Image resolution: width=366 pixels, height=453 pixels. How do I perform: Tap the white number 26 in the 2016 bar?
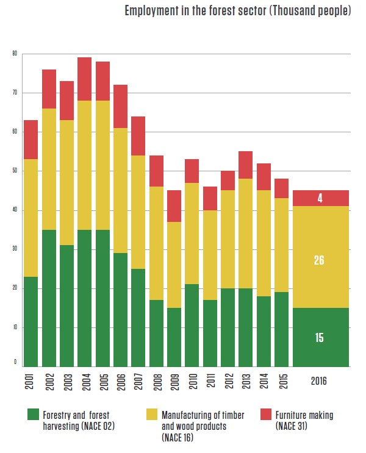point(319,260)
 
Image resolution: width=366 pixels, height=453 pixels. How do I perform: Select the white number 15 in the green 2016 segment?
point(319,337)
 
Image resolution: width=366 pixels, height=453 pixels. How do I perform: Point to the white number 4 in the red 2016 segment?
point(319,199)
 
